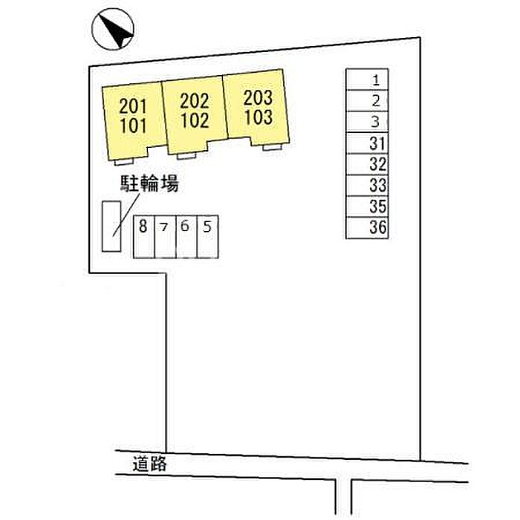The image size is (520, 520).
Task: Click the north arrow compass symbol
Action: tap(113, 29)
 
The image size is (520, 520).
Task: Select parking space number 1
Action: tap(367, 79)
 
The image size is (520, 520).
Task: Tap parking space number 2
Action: tap(367, 100)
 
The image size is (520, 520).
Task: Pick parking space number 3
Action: tap(367, 122)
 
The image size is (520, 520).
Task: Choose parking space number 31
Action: tap(367, 143)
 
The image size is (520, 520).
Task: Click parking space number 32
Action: tap(367, 164)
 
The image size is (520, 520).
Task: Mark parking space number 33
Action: tap(367, 186)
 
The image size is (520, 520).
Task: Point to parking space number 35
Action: tap(367, 207)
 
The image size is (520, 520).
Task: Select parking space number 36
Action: tap(367, 228)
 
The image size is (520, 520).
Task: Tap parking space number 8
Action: tap(144, 236)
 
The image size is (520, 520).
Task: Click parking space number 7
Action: tap(165, 236)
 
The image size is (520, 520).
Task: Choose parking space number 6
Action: tap(186, 236)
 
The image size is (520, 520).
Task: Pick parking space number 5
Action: tap(208, 236)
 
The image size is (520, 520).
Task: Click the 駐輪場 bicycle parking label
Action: tap(149, 183)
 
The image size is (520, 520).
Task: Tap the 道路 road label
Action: tap(149, 464)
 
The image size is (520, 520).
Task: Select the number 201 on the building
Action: tap(133, 106)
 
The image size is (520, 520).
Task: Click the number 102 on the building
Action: tap(195, 120)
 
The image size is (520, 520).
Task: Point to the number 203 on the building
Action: tap(258, 97)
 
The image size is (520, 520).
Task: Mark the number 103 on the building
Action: tap(259, 117)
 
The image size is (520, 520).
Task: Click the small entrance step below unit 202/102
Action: tap(186, 156)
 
